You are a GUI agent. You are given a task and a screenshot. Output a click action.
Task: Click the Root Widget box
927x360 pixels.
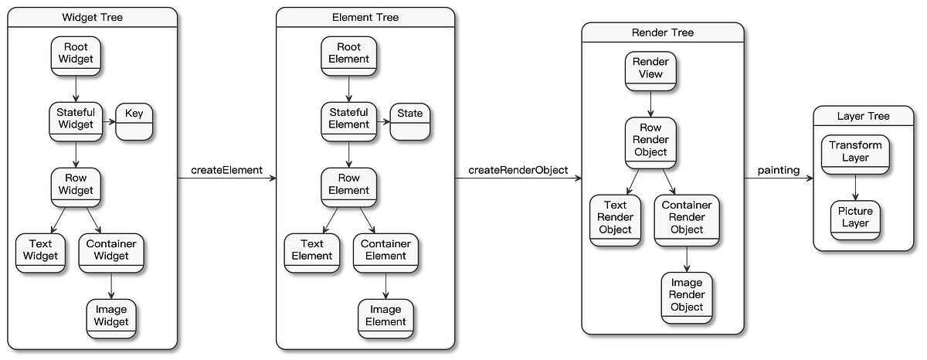(76, 56)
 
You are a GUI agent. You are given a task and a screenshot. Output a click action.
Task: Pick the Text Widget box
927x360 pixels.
(40, 250)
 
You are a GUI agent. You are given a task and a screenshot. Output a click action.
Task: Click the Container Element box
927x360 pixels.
(385, 250)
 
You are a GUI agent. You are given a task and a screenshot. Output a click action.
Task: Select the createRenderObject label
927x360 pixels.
(518, 170)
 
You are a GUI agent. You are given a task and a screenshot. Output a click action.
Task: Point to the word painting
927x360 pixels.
(778, 170)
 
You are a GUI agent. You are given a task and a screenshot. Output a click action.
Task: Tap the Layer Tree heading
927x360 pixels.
(863, 117)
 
